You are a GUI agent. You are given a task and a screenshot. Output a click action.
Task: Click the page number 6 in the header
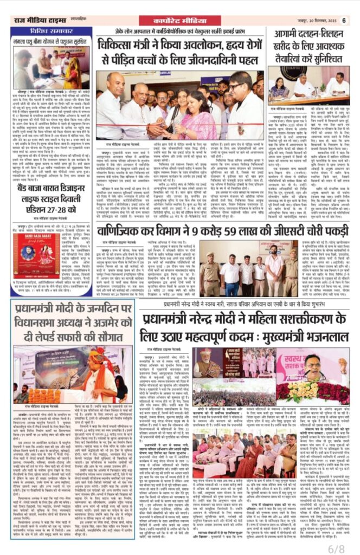click(343, 21)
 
